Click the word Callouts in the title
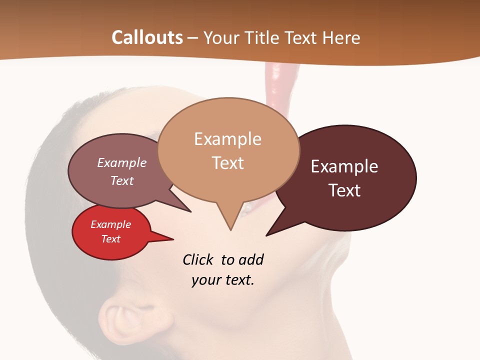pyautogui.click(x=147, y=38)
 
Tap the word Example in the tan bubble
pyautogui.click(x=227, y=139)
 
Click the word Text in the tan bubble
pyautogui.click(x=227, y=163)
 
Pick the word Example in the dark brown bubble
pyautogui.click(x=344, y=166)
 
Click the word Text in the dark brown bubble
pyautogui.click(x=344, y=190)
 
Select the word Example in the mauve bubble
pyautogui.click(x=122, y=163)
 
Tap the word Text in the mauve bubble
pyautogui.click(x=122, y=180)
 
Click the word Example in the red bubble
pyautogui.click(x=111, y=224)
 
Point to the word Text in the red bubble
pyautogui.click(x=111, y=239)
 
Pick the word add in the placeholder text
pyautogui.click(x=250, y=260)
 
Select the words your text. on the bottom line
pyautogui.click(x=223, y=280)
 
